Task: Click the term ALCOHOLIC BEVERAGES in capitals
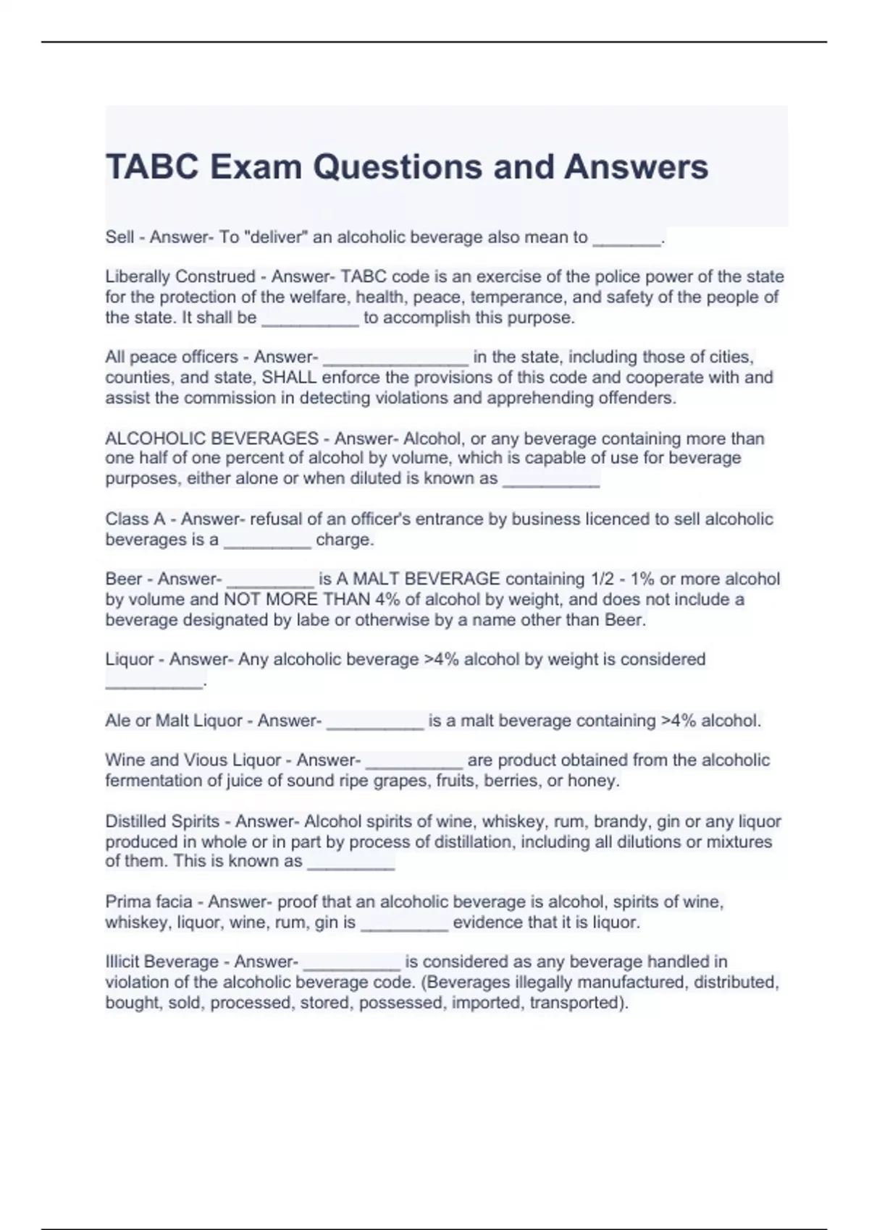coord(211,438)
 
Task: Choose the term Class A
coord(135,519)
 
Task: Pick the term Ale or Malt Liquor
coord(174,721)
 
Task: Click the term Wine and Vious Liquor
coord(193,760)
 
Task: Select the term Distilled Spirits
coord(162,821)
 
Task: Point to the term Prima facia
coord(148,902)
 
